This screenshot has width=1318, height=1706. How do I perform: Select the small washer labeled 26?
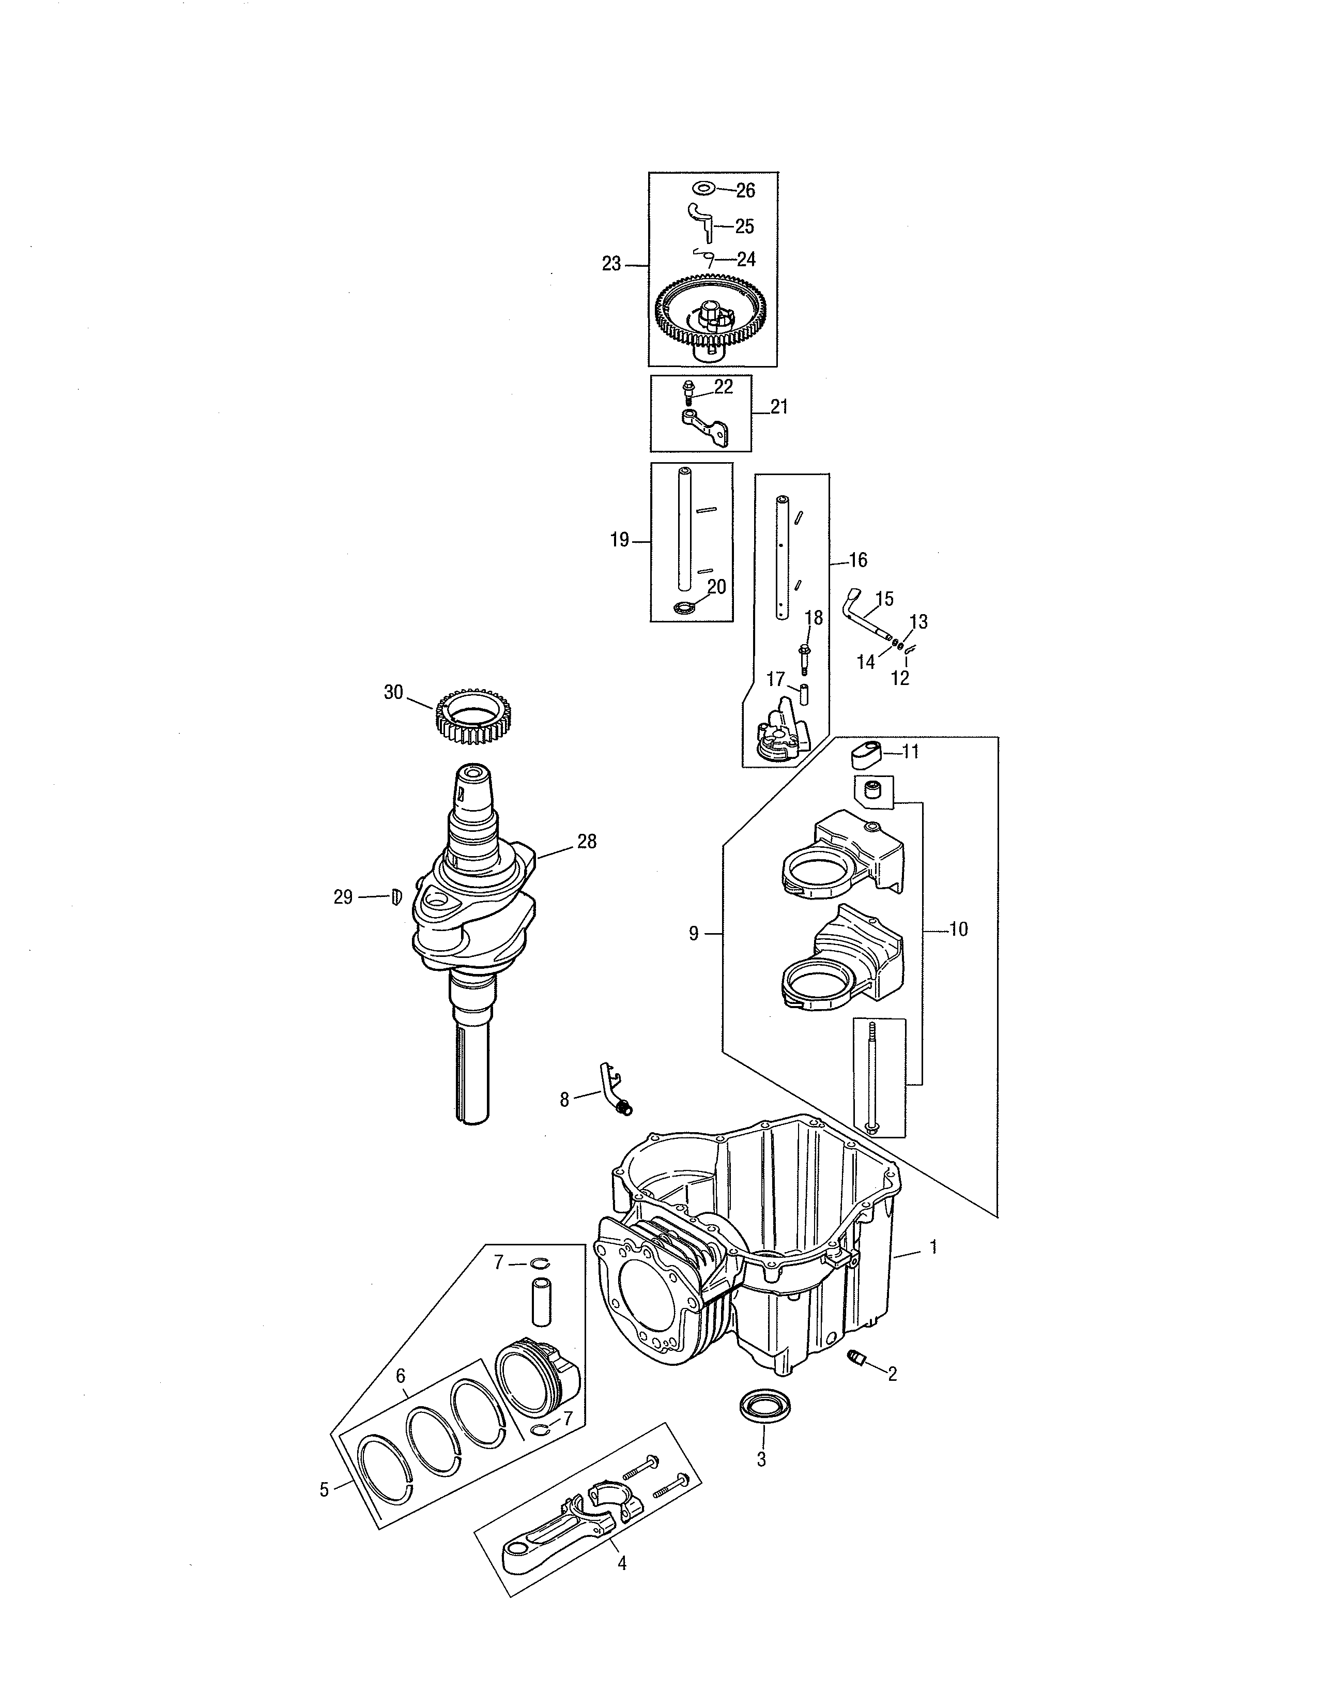point(703,188)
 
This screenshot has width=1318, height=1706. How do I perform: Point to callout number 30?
point(393,692)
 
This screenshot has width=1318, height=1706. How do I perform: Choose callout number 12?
point(900,678)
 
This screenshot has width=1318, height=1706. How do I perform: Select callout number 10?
point(958,929)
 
